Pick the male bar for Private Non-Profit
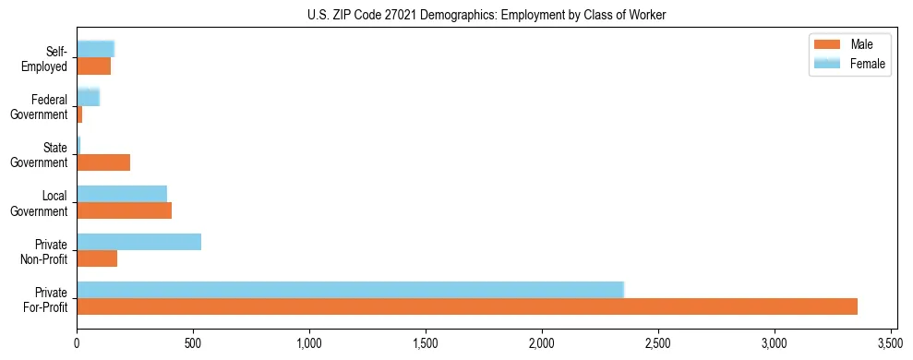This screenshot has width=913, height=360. point(97,258)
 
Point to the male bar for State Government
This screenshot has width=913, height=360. point(103,162)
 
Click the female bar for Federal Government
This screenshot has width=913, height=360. point(88,98)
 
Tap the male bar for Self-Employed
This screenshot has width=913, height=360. point(93,66)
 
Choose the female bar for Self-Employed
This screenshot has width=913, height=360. point(95,49)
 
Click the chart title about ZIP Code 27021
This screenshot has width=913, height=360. point(487,15)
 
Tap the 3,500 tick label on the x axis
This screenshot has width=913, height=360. point(891,342)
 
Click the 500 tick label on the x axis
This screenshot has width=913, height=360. point(193,342)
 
